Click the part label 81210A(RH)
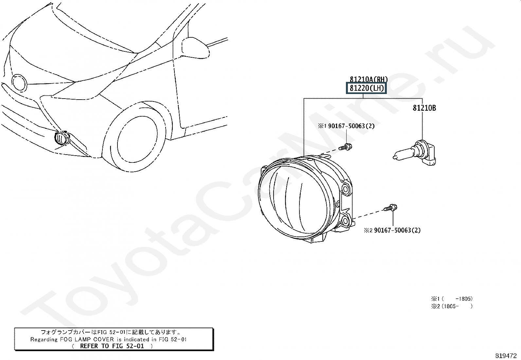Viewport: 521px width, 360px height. point(368,79)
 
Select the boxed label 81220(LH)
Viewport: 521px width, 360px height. point(366,88)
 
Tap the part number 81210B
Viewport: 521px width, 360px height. point(424,108)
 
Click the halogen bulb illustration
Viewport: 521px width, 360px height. point(414,153)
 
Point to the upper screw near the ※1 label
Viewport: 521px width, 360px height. point(345,147)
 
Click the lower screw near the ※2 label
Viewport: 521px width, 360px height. point(390,207)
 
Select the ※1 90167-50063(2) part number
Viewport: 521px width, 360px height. point(346,126)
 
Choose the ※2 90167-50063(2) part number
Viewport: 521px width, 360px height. point(392,230)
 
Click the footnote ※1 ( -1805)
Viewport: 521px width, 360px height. point(452,298)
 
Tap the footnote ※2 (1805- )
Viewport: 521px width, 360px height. point(452,306)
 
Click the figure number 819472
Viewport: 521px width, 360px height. point(506,356)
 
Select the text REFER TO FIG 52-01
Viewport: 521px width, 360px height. point(112,346)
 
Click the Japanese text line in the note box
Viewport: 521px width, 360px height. point(111,332)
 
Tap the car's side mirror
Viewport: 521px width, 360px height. point(195,48)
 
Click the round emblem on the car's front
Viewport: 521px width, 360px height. point(19,83)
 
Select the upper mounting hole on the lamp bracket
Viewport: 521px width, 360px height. point(345,189)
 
